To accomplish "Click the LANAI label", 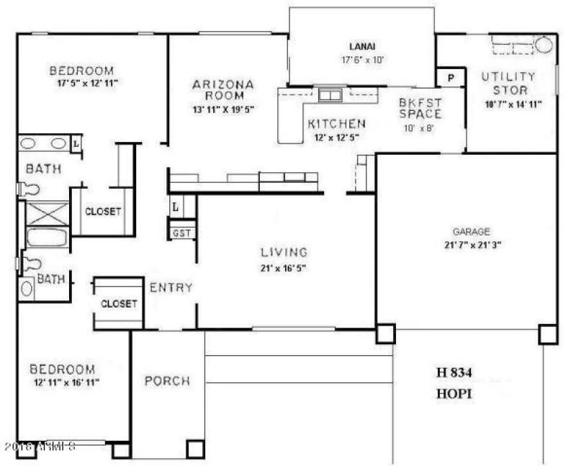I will click(362, 45).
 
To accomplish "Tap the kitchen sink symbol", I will click(330, 95).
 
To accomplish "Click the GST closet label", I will click(181, 233).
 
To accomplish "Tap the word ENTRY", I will click(171, 288).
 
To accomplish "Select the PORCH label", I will click(167, 380).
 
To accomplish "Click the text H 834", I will click(455, 372).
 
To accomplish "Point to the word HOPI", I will click(454, 394).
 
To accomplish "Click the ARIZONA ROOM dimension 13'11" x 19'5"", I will click(222, 109).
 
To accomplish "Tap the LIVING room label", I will click(284, 253).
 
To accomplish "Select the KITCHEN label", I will click(336, 123).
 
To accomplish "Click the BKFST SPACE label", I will click(420, 108).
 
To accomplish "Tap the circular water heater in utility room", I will click(544, 45).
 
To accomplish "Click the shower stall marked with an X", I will click(48, 214).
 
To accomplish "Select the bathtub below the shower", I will click(47, 238).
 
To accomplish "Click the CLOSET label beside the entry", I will click(119, 304).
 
